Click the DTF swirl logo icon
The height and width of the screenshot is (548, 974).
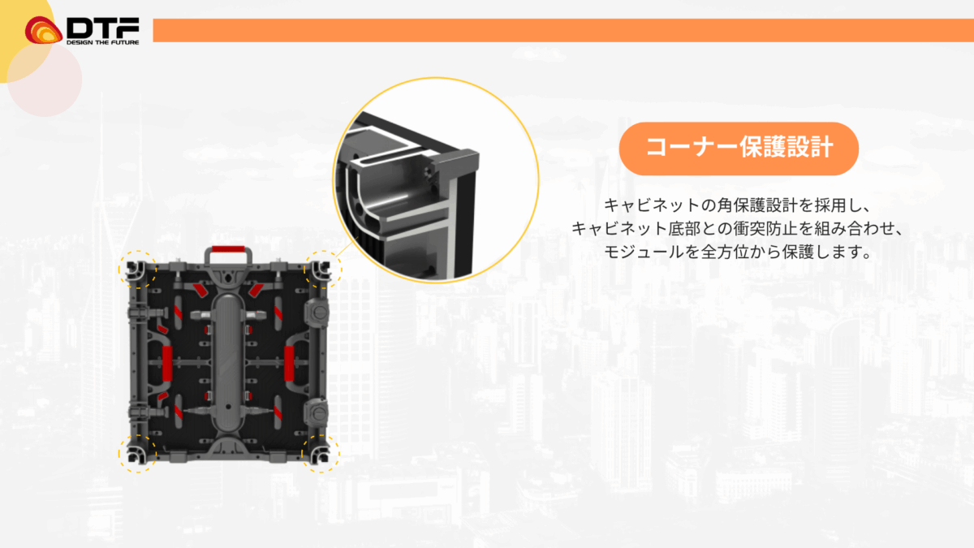click(x=43, y=30)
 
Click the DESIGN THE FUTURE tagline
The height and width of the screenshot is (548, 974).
click(x=102, y=42)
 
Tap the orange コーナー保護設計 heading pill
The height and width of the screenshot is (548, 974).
click(x=739, y=149)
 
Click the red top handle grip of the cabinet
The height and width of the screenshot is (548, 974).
click(x=228, y=249)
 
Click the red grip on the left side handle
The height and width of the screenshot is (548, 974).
click(x=167, y=364)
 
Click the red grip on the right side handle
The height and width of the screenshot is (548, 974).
click(x=289, y=364)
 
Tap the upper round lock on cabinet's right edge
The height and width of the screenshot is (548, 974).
click(x=318, y=313)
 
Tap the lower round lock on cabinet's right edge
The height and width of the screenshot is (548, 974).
click(x=317, y=412)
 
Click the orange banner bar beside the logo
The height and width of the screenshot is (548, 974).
click(x=563, y=31)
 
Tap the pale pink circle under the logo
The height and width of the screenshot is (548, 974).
click(x=45, y=80)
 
